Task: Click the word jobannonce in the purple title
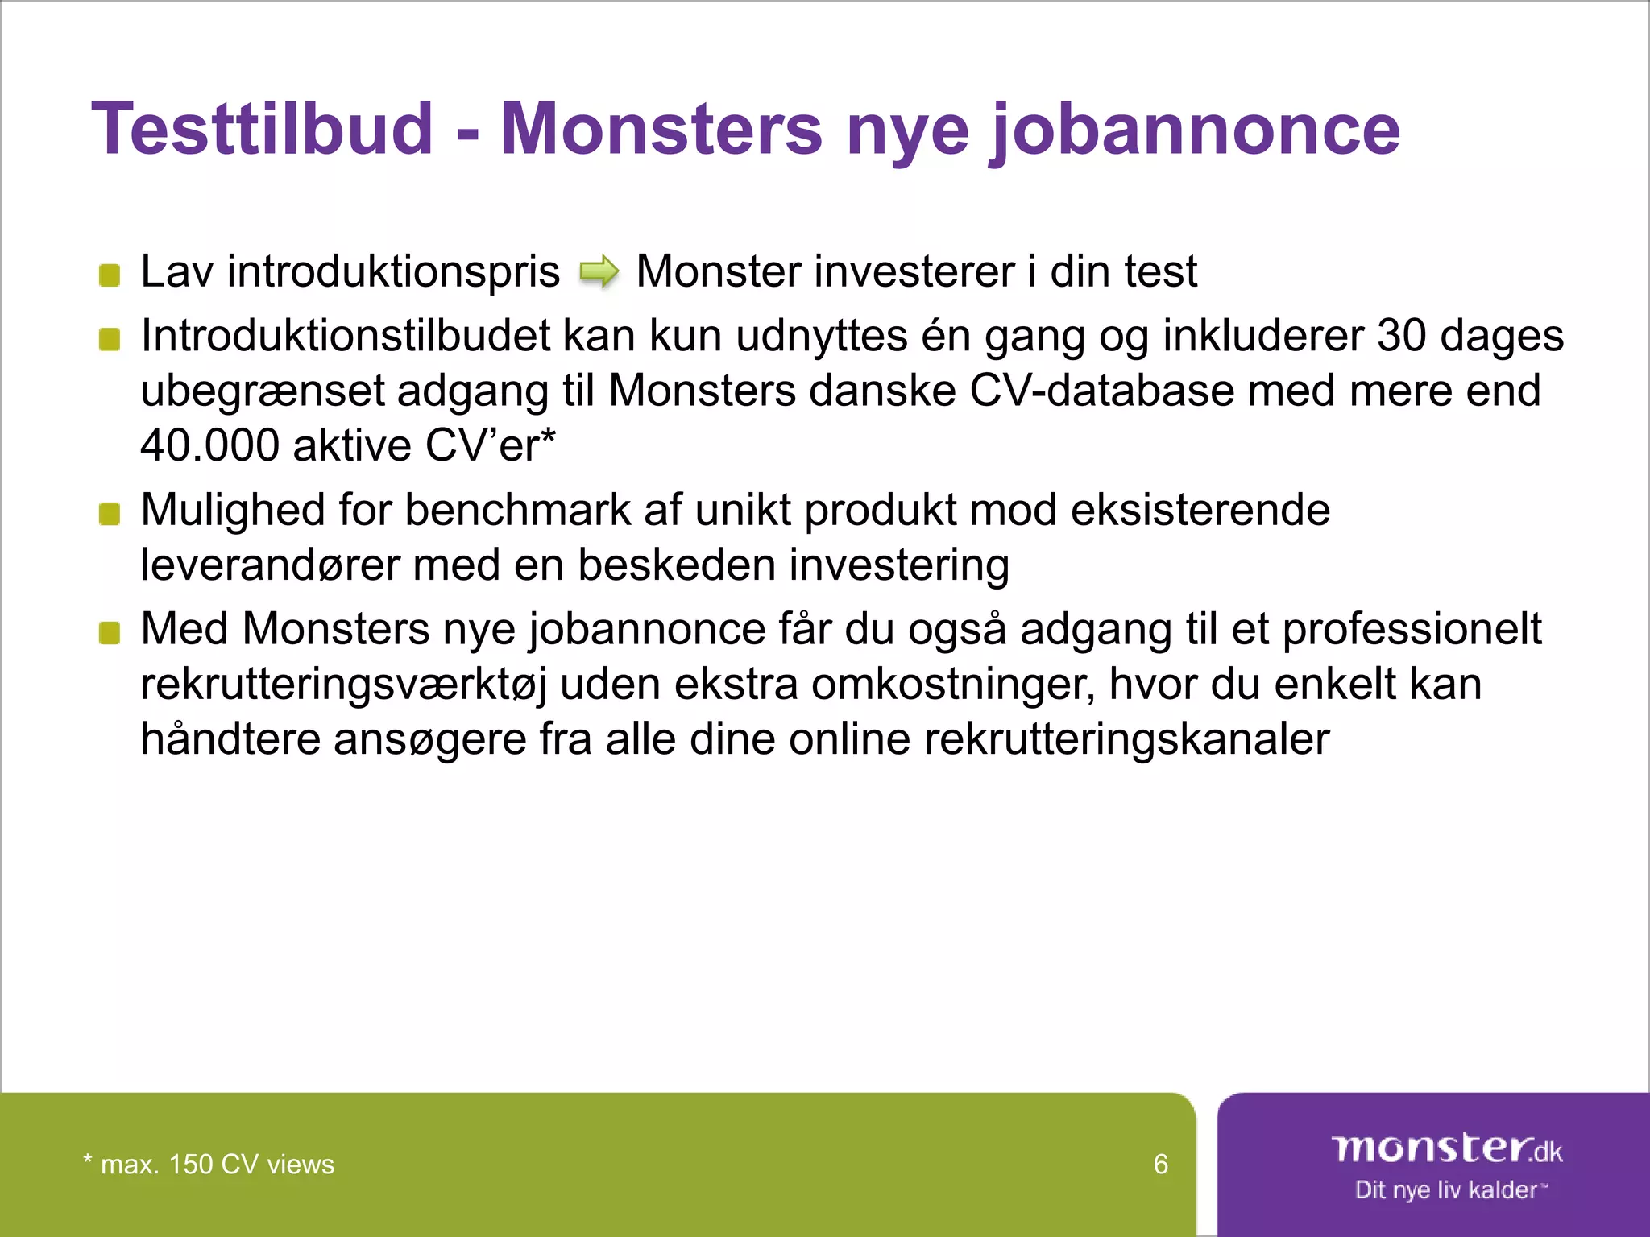click(x=1195, y=130)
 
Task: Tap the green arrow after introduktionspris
click(x=599, y=271)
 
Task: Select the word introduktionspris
click(x=392, y=271)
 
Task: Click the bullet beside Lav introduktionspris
click(x=110, y=275)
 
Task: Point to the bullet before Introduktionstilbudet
click(x=110, y=340)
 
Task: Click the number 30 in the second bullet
click(x=1402, y=336)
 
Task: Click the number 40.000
click(x=209, y=445)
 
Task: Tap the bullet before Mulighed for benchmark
click(x=110, y=514)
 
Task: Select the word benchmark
click(x=517, y=511)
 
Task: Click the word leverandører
click(x=270, y=565)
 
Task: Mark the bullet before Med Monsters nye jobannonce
click(x=110, y=633)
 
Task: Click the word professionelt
click(x=1412, y=630)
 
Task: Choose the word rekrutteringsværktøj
click(x=343, y=685)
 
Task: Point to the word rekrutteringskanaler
click(x=1126, y=739)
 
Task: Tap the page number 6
click(x=1160, y=1165)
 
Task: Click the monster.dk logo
click(x=1446, y=1148)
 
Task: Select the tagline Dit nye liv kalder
click(x=1446, y=1190)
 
